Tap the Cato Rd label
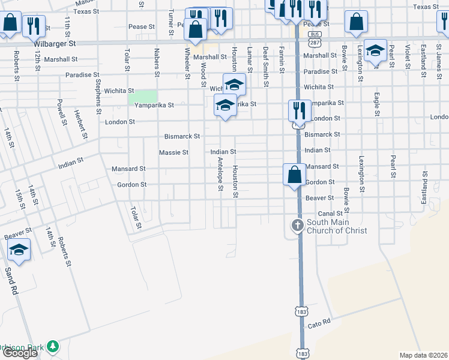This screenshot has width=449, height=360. point(319,323)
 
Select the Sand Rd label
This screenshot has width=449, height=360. point(11,280)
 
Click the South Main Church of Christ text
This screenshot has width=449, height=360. point(336,226)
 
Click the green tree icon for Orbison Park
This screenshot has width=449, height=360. point(53,346)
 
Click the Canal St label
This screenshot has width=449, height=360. point(330,213)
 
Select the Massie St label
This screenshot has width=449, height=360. point(173,153)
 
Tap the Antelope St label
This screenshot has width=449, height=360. point(220,179)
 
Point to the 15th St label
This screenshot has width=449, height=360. point(22,197)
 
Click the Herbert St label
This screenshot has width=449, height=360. point(78,122)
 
